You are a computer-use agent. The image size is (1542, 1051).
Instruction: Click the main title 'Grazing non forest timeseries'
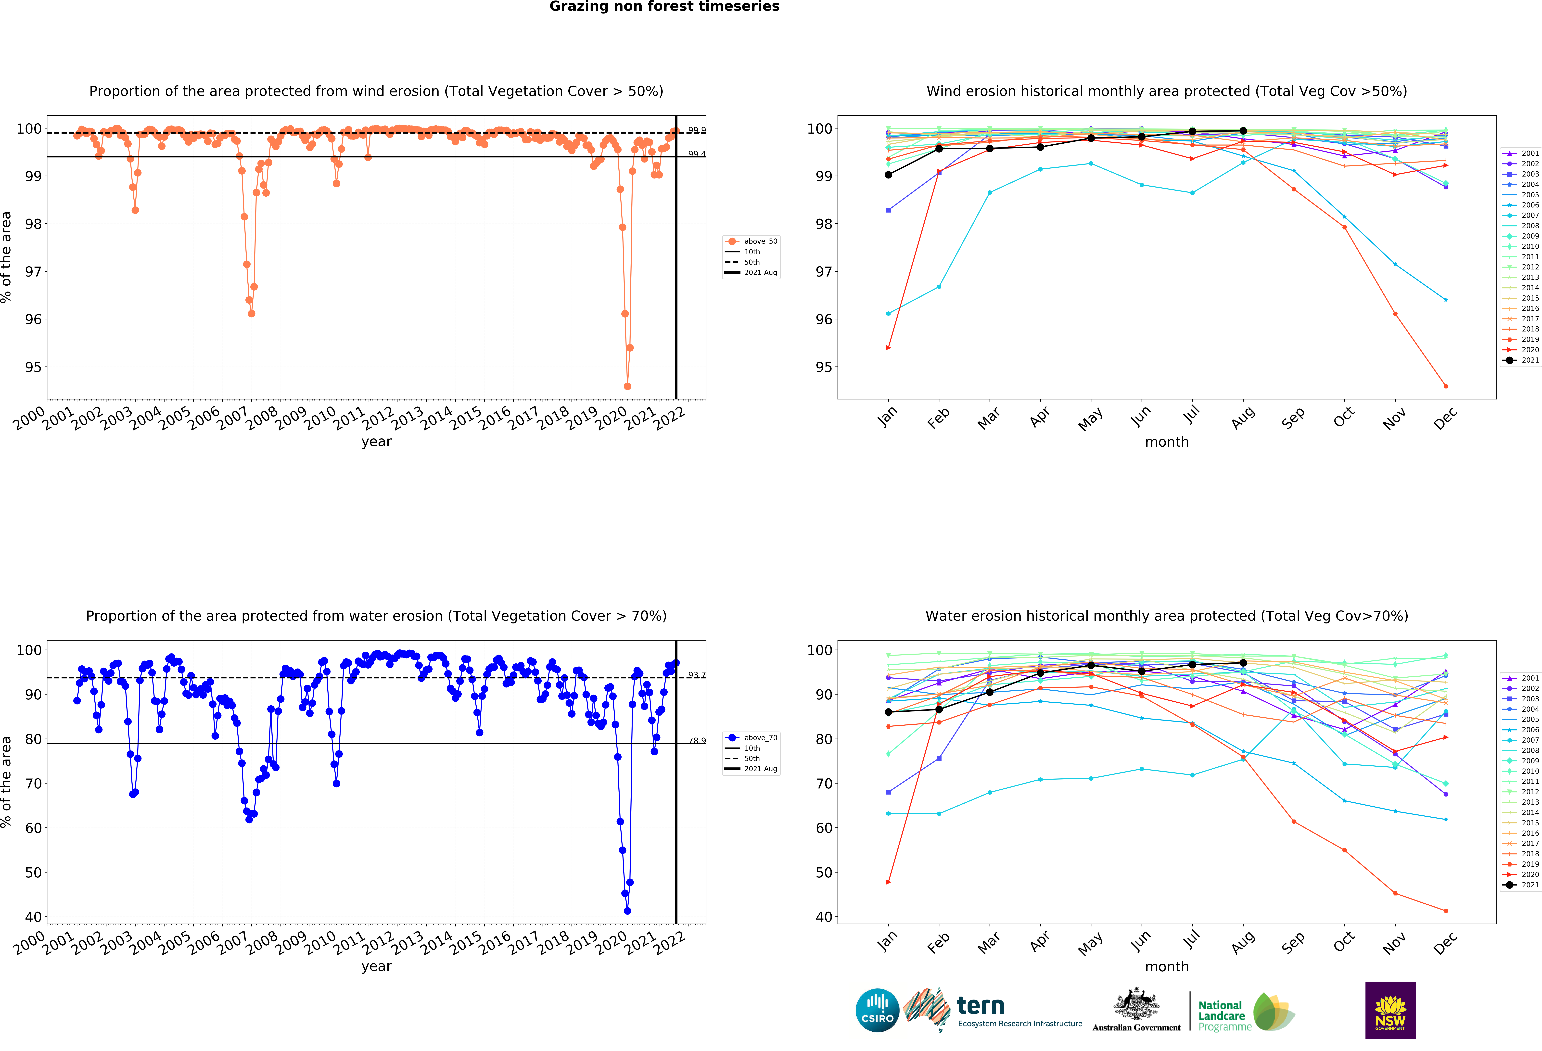[664, 7]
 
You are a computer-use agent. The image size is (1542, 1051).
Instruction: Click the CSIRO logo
[877, 1011]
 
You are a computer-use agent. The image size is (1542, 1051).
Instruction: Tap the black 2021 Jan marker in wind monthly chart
[888, 175]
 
